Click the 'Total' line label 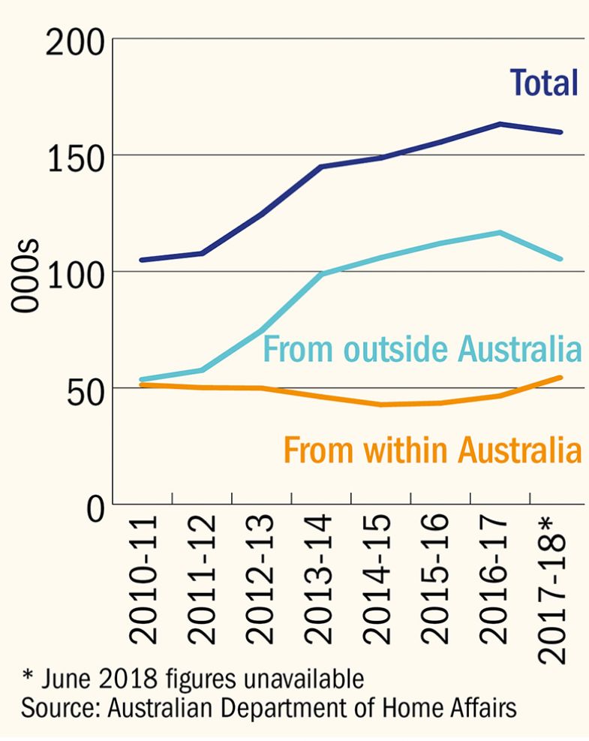544,83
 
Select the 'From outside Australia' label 422,350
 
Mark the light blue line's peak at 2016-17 500,233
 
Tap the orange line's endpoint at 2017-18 561,377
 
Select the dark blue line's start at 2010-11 141,260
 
